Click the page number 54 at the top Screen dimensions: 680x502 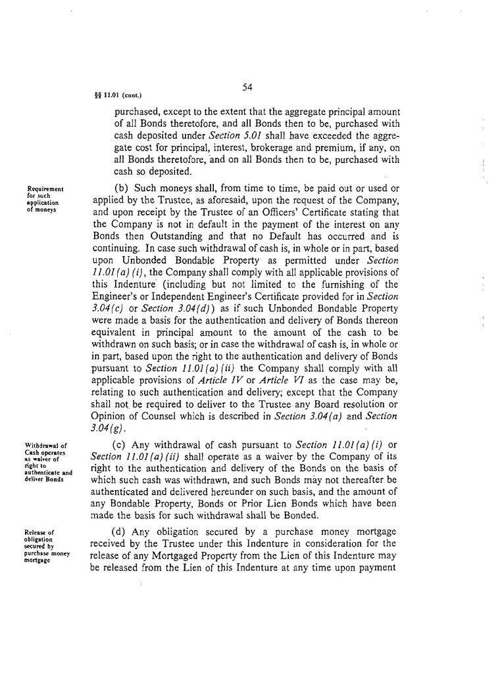(x=248, y=87)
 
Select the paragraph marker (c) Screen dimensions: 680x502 (x=122, y=444)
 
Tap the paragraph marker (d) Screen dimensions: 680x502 (x=122, y=531)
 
